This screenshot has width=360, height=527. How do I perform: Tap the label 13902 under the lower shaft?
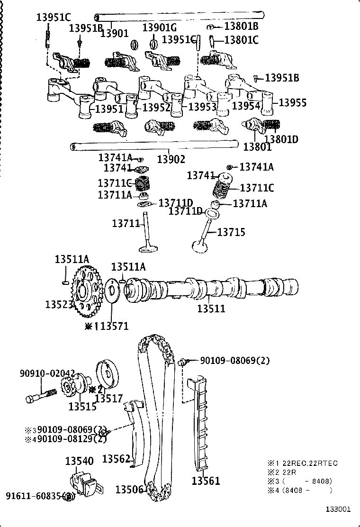point(171,159)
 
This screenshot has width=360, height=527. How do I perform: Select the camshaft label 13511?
point(211,309)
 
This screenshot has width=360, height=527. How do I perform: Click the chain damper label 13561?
point(206,481)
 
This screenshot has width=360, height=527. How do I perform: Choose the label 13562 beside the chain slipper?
point(116,459)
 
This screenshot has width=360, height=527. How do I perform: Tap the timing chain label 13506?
point(129,490)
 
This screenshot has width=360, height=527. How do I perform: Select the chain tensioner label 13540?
point(79,461)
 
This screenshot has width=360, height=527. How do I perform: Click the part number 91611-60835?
point(34,496)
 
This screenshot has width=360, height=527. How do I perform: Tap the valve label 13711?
point(126,223)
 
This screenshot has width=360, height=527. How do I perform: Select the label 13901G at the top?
point(160,28)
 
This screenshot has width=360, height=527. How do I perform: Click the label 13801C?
point(241,40)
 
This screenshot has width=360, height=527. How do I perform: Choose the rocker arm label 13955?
point(292,102)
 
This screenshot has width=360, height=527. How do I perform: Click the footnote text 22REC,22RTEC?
point(310,463)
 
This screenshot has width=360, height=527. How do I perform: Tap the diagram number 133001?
point(338,509)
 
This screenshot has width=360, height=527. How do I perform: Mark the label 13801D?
point(281,139)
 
